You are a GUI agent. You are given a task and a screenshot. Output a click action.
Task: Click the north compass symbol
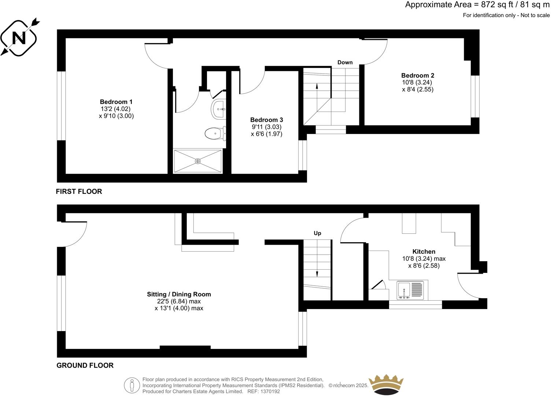pyautogui.click(x=18, y=37)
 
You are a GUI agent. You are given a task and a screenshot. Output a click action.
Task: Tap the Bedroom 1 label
pyautogui.click(x=116, y=102)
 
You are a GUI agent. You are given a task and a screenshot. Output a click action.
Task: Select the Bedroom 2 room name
pyautogui.click(x=418, y=75)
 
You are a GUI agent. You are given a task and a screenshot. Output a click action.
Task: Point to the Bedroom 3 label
pyautogui.click(x=266, y=120)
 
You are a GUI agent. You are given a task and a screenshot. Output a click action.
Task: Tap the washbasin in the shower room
pyautogui.click(x=219, y=109)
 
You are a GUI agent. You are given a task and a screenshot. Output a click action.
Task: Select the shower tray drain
pyautogui.click(x=198, y=161)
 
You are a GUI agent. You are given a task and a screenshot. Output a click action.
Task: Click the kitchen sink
pyautogui.click(x=404, y=290)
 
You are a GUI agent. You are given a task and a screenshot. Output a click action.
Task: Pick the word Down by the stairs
pyautogui.click(x=345, y=62)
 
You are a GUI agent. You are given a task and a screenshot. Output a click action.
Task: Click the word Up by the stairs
pyautogui.click(x=317, y=233)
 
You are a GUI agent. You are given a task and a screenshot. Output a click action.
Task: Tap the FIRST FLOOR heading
pyautogui.click(x=79, y=191)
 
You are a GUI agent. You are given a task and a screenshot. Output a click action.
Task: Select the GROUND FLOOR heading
pyautogui.click(x=85, y=365)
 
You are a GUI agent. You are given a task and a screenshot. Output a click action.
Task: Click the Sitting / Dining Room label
pyautogui.click(x=179, y=294)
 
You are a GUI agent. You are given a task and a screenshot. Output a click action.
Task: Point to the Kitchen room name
pyautogui.click(x=424, y=251)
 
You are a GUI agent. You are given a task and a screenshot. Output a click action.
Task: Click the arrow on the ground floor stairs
pyautogui.click(x=317, y=273)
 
